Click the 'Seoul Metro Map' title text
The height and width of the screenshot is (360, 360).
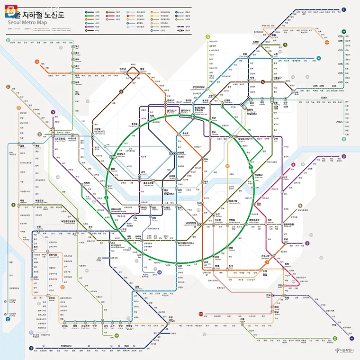[x=29, y=21]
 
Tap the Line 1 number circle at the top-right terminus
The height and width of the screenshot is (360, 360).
[x=343, y=9]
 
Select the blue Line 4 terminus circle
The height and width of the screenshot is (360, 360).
[x=319, y=59]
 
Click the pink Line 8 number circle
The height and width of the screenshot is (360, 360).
[x=294, y=165]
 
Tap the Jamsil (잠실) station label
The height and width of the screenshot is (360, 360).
[x=259, y=204]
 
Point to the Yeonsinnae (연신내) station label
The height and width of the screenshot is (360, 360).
[x=122, y=69]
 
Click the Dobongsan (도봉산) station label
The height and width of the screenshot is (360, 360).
[x=257, y=41]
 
